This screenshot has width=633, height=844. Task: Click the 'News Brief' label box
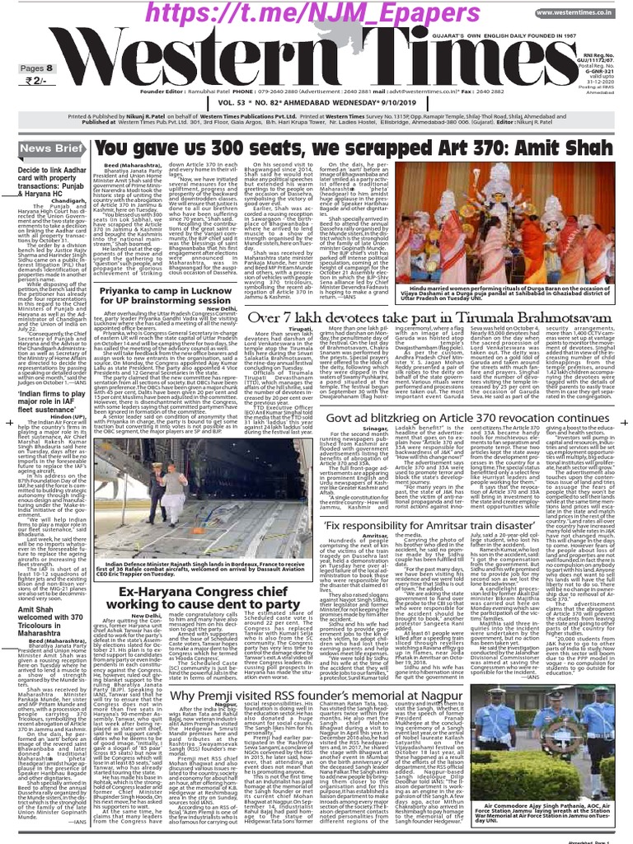41,148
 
